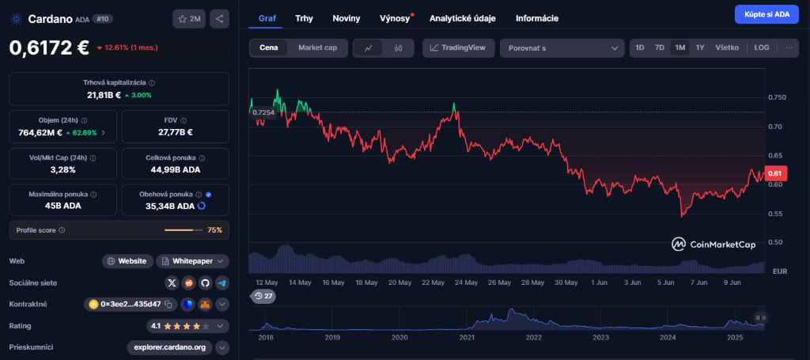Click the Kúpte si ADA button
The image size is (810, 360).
[x=766, y=14]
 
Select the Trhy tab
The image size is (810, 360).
[x=304, y=18]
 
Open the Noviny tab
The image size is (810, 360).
[x=346, y=18]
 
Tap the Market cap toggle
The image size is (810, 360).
[x=317, y=48]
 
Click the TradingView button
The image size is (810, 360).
[x=459, y=48]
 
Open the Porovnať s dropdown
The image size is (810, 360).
[x=562, y=48]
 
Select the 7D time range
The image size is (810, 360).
[x=660, y=48]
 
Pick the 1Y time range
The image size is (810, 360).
[x=700, y=48]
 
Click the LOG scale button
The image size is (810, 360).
[x=762, y=48]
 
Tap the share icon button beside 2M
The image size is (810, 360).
[x=221, y=19]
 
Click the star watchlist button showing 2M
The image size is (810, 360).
[x=189, y=19]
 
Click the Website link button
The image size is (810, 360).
[x=127, y=261]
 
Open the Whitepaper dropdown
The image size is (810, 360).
[x=193, y=261]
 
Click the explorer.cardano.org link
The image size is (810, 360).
[x=170, y=347]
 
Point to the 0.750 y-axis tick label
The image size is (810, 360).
[x=778, y=98]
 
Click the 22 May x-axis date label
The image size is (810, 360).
[x=433, y=282]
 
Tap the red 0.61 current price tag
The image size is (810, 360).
[x=775, y=174]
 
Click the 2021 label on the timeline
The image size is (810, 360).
[x=467, y=337]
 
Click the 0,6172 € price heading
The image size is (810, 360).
[x=49, y=47]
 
